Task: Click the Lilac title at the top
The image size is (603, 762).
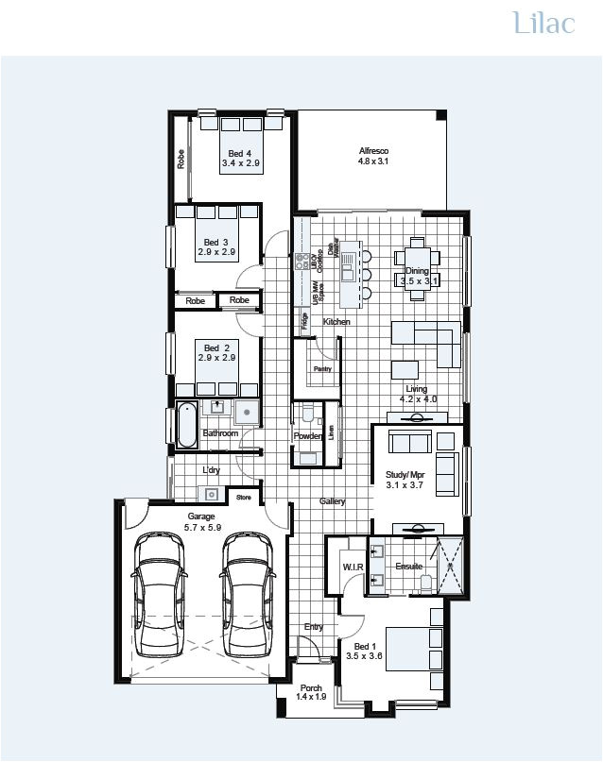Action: pos(543,24)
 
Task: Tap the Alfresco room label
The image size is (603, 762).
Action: pos(373,151)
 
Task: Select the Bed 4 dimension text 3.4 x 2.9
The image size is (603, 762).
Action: pos(240,163)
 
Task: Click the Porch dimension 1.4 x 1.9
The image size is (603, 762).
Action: pos(310,697)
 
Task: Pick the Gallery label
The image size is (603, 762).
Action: pos(332,501)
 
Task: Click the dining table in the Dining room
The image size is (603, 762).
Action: pos(417,258)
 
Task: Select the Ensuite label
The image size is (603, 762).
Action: pos(408,567)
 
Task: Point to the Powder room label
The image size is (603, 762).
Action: pos(307,436)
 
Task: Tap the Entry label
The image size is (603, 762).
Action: pos(313,627)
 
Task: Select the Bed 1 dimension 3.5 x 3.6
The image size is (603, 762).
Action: pos(363,654)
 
